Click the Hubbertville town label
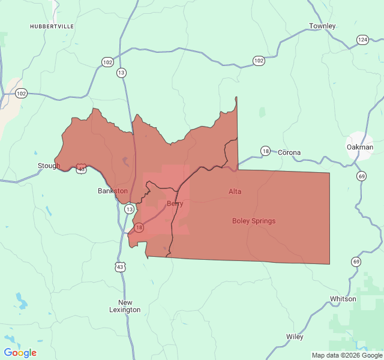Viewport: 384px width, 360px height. point(51,26)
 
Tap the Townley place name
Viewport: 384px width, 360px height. point(322,26)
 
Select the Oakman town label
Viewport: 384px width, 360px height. point(360,147)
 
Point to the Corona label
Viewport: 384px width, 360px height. point(289,152)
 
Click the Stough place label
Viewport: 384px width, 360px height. point(49,166)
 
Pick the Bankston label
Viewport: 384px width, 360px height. point(113,191)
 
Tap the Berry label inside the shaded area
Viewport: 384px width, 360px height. point(175,204)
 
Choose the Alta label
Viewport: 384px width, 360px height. point(235,191)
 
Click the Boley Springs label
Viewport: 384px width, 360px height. point(254,221)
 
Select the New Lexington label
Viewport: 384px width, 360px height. point(125,306)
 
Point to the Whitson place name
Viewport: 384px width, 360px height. point(343,299)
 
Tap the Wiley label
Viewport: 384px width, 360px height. point(295,337)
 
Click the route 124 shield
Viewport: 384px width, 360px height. point(362,40)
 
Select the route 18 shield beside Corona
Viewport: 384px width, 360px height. point(265,151)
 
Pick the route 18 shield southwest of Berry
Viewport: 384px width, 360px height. point(139,227)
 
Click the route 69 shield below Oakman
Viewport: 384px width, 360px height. point(361,176)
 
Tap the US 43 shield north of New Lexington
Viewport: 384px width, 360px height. point(120,266)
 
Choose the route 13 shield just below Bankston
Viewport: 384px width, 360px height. point(130,209)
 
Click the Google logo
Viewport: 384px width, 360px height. point(20,353)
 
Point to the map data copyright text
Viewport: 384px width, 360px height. point(346,355)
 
